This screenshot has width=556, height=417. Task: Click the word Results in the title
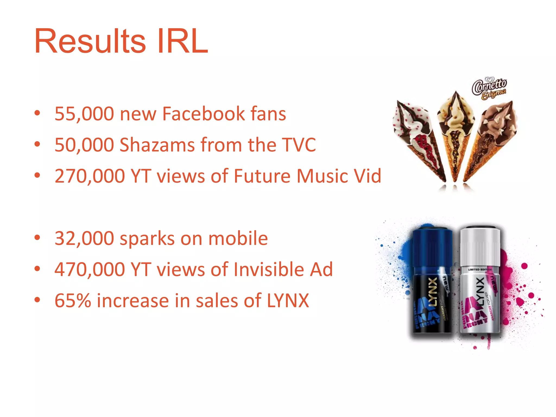(x=90, y=41)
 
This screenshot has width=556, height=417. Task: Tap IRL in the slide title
(x=182, y=41)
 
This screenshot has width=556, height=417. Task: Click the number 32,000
(x=84, y=238)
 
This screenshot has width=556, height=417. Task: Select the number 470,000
(x=90, y=270)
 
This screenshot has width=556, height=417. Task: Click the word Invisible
(x=269, y=270)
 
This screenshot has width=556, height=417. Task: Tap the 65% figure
(x=73, y=301)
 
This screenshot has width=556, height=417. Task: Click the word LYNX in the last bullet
(x=288, y=301)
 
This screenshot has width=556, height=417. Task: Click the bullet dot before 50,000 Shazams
(x=37, y=144)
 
